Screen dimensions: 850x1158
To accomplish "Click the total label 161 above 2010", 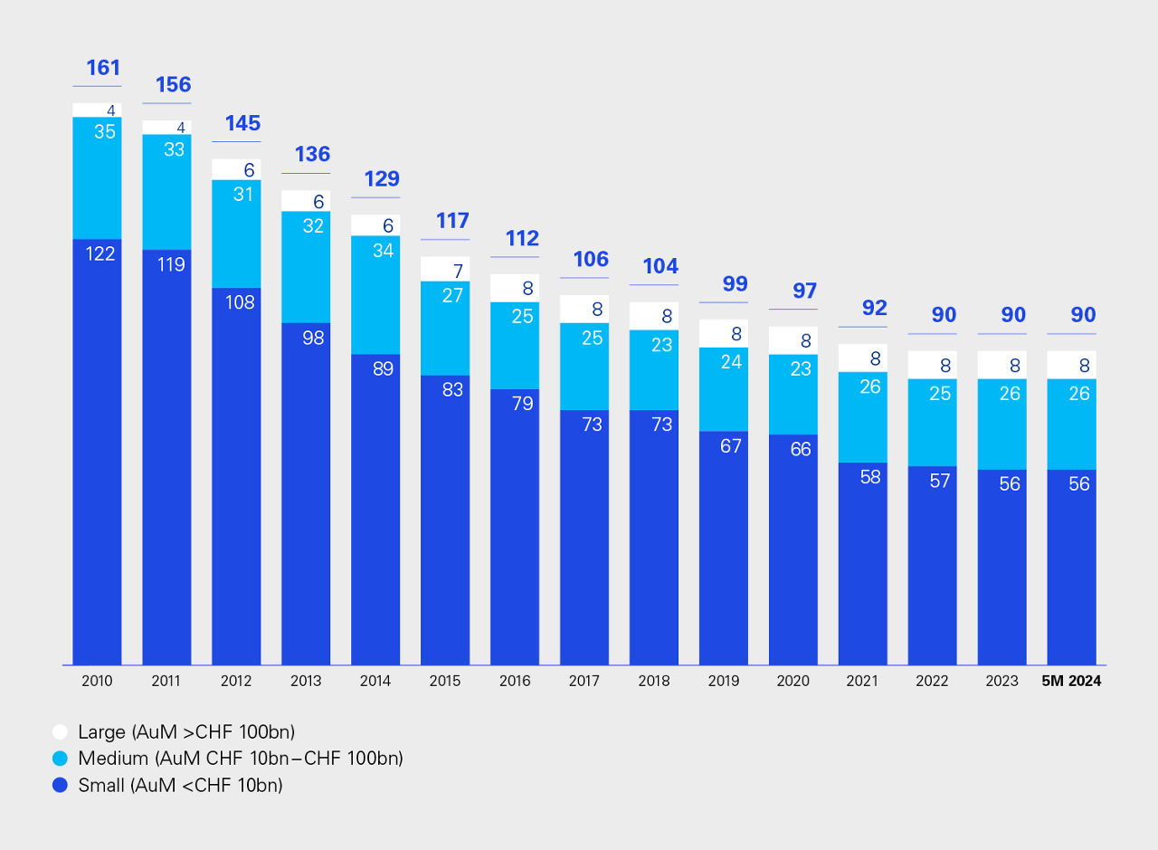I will coord(102,68).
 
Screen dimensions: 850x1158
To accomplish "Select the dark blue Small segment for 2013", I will coord(306,493).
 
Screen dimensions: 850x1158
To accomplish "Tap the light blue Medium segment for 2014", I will coord(375,294).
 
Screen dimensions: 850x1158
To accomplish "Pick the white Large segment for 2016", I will coord(515,288).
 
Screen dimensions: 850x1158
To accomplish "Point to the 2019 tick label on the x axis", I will coord(723,681).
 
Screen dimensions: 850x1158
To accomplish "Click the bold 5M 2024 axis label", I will coord(1071,681).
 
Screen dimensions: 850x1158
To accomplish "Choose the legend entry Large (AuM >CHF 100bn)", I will coord(186,731).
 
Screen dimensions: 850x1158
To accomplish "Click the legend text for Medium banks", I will coord(240,759).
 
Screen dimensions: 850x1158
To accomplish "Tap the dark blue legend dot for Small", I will coord(61,786).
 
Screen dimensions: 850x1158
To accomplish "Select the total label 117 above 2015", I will coord(452,221).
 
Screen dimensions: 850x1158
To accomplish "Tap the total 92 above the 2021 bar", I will coord(874,308).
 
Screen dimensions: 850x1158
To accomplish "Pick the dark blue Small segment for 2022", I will coord(932,566).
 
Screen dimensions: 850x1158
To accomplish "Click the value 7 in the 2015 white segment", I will coord(458,271).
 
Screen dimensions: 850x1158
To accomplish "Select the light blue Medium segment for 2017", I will coord(584,367).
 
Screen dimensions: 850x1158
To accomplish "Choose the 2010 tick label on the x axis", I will coord(97,681).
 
